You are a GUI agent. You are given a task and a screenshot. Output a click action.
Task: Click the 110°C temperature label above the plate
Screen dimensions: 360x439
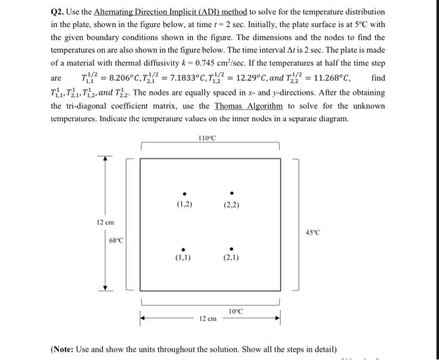pyautogui.click(x=206, y=137)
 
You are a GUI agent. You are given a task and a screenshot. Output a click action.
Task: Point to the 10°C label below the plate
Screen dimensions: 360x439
pyautogui.click(x=236, y=311)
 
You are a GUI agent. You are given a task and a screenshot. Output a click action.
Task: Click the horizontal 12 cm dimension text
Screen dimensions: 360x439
pyautogui.click(x=208, y=318)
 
